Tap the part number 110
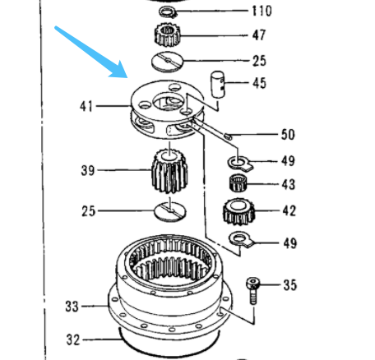click(261, 12)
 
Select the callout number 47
click(259, 35)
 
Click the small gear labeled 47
click(167, 35)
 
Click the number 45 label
click(259, 82)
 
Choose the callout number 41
click(86, 106)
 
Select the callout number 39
click(87, 170)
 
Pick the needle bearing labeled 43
click(238, 183)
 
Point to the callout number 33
click(73, 307)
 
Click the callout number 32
click(73, 337)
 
